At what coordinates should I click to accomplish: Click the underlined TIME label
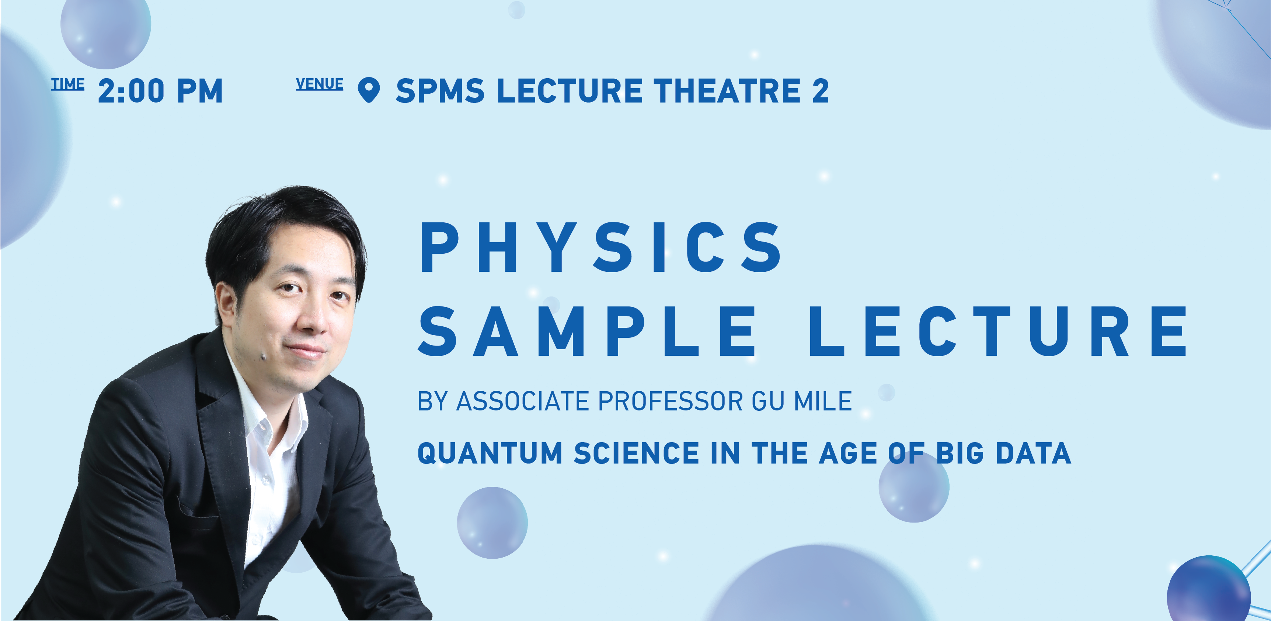pyautogui.click(x=67, y=84)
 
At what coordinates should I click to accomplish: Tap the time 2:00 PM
pyautogui.click(x=160, y=91)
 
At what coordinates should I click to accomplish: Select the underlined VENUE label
pyautogui.click(x=319, y=84)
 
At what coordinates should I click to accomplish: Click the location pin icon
pyautogui.click(x=369, y=90)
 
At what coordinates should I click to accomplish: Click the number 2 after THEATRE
pyautogui.click(x=821, y=91)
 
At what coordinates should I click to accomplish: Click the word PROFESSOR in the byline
pyautogui.click(x=670, y=401)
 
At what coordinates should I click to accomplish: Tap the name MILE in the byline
pyautogui.click(x=822, y=401)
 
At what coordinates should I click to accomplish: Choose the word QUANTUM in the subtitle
pyautogui.click(x=490, y=453)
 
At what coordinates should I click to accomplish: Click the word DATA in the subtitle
pyautogui.click(x=1033, y=453)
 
